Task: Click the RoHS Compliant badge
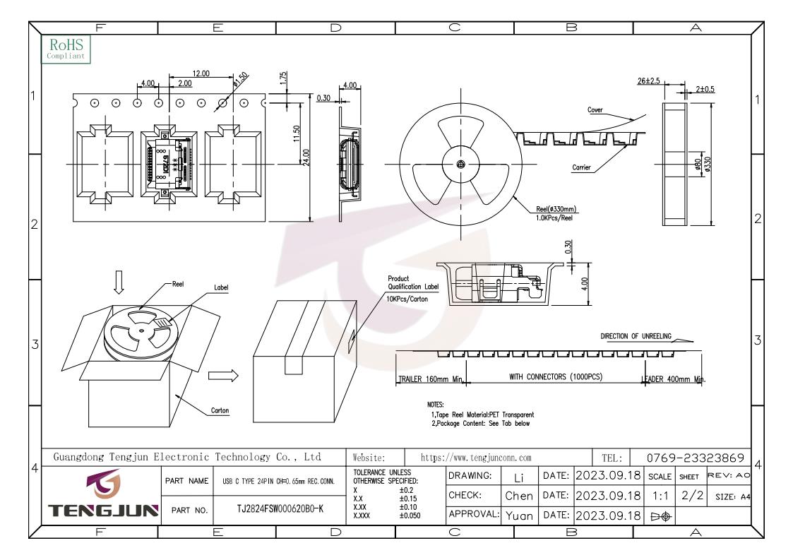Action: pos(66,49)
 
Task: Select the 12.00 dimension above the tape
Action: pos(201,73)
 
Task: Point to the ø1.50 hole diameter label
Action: pos(241,79)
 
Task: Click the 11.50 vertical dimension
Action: pos(297,133)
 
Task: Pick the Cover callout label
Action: pos(595,109)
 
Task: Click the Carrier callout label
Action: pos(581,167)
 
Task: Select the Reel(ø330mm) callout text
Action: pos(556,209)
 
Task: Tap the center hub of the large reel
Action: pos(460,164)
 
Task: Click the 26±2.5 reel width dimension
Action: pos(648,81)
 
